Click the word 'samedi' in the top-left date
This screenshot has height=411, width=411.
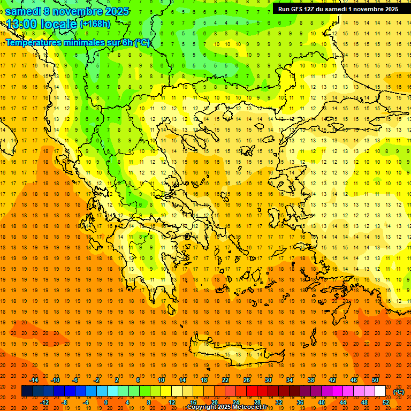click(x=23, y=11)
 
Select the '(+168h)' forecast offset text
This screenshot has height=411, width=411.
click(x=95, y=24)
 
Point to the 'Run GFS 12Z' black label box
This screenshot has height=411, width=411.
click(x=338, y=9)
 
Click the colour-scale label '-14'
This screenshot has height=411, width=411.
click(x=34, y=380)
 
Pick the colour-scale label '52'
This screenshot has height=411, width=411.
click(x=386, y=402)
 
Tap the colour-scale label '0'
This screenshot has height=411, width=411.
click(x=106, y=402)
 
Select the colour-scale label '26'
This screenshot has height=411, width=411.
click(x=247, y=380)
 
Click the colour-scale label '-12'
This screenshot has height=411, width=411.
click(x=45, y=402)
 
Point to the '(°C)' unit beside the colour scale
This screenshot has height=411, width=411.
click(x=399, y=392)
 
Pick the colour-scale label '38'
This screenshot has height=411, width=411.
click(x=311, y=380)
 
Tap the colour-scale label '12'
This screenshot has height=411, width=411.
click(x=172, y=402)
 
